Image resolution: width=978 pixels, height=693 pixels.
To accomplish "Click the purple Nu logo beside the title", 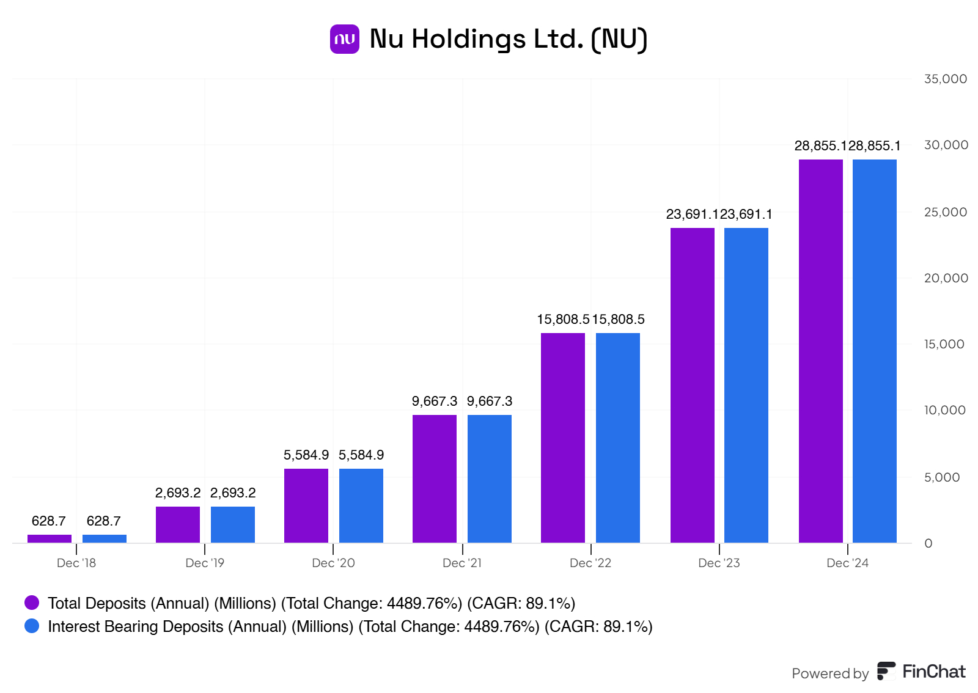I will point(344,39).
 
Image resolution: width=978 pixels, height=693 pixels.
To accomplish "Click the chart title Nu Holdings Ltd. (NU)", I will point(508,39).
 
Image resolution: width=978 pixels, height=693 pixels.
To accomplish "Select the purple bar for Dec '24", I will point(820,351).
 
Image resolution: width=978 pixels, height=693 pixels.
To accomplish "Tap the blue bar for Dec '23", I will point(746,385).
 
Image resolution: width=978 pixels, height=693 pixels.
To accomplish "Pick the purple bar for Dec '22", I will point(562,438).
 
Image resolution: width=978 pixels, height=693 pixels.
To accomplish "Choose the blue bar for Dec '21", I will point(489,479).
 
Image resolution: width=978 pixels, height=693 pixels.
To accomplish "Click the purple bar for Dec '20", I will point(306,505).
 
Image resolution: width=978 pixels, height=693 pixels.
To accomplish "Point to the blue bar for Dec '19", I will point(232,524).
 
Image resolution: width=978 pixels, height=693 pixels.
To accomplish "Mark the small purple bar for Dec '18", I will point(49,538).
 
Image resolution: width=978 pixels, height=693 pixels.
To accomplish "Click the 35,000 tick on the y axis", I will point(945,79).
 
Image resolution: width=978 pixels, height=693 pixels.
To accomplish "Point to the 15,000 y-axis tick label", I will point(944,344).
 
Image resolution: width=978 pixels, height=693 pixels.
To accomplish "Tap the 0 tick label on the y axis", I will point(928,543).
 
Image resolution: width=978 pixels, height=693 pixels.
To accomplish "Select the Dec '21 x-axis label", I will point(461,563).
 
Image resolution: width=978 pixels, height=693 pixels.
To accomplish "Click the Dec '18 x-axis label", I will point(76,563).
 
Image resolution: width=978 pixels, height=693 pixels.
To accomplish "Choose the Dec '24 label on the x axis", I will point(847,563).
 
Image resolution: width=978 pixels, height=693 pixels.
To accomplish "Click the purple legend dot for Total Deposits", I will point(32,603).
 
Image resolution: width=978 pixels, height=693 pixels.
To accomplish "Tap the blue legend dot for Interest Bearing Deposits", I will point(32,626).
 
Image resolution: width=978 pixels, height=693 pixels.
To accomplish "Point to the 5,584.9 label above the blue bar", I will point(361,455).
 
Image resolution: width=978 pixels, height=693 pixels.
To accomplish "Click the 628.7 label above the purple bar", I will point(48,521).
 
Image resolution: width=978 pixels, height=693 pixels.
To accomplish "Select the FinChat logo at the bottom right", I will point(921,671).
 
